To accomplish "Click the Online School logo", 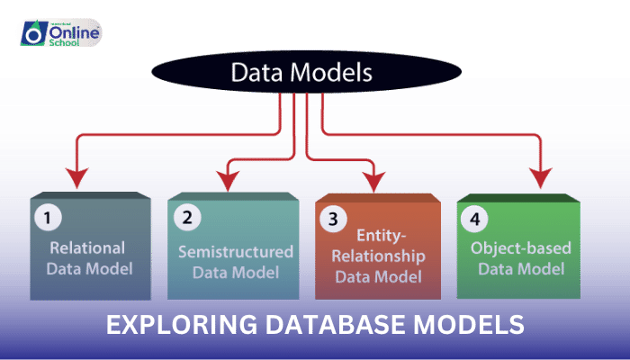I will point(60,33).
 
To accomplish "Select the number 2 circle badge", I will point(186,216).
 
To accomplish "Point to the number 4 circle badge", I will point(475,216).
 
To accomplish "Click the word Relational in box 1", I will point(88,247).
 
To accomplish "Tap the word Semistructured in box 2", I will point(236,250).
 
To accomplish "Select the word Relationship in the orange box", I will point(376,255).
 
